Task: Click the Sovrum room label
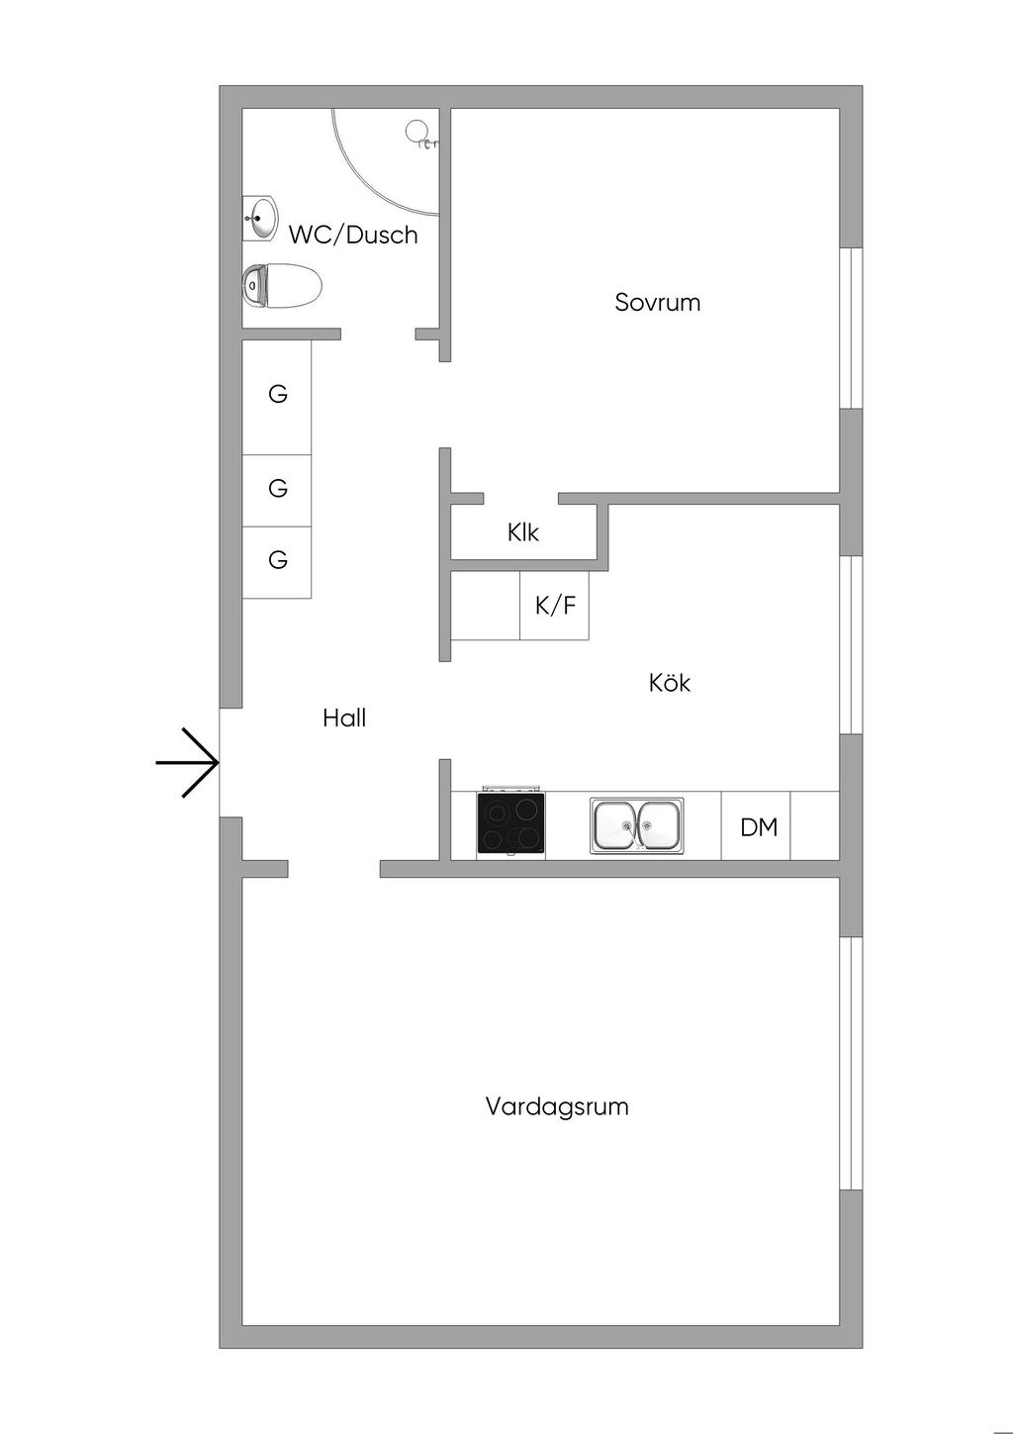pos(657,302)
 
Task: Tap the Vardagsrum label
pos(557,1106)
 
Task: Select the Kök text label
pos(670,683)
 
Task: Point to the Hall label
pos(344,718)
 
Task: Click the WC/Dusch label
pos(353,236)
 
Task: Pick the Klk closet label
pos(523,532)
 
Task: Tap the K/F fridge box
pos(555,606)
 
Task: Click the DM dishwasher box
pos(758,826)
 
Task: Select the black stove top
pos(510,824)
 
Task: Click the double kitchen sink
pos(637,825)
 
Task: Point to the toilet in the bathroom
pos(283,286)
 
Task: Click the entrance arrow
pos(188,763)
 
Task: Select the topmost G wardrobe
pos(278,395)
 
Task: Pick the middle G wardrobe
pos(278,489)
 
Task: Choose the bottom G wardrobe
pos(278,561)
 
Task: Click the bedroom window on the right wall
pos(850,327)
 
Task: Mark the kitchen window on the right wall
pos(850,645)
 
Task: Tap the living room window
pos(850,1063)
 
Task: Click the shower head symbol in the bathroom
pos(419,133)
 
